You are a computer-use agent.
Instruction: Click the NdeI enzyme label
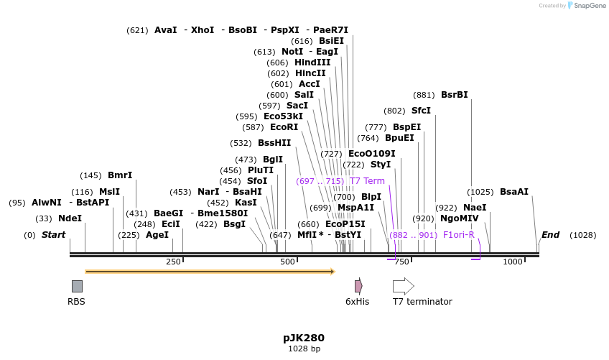(x=70, y=218)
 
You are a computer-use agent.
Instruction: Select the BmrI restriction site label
(x=120, y=175)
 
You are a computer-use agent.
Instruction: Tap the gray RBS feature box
(x=77, y=286)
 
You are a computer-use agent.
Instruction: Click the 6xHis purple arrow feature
(x=358, y=286)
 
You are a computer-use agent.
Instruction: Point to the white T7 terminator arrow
(x=404, y=286)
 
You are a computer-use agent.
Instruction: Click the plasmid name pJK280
(x=304, y=337)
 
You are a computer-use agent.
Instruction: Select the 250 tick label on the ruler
(x=173, y=262)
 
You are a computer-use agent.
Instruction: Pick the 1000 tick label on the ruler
(x=512, y=262)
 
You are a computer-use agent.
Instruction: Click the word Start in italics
(x=53, y=235)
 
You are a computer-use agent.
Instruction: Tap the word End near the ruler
(x=550, y=235)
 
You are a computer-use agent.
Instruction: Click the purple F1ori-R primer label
(x=458, y=235)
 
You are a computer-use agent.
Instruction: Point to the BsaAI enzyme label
(x=514, y=192)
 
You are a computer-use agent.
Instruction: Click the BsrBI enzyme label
(x=454, y=95)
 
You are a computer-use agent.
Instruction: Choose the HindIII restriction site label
(x=312, y=63)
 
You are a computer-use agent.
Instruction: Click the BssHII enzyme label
(x=274, y=143)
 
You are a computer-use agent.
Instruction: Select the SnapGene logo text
(x=587, y=6)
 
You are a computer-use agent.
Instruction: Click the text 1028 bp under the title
(x=304, y=349)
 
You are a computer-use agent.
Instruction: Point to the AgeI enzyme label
(x=157, y=235)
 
